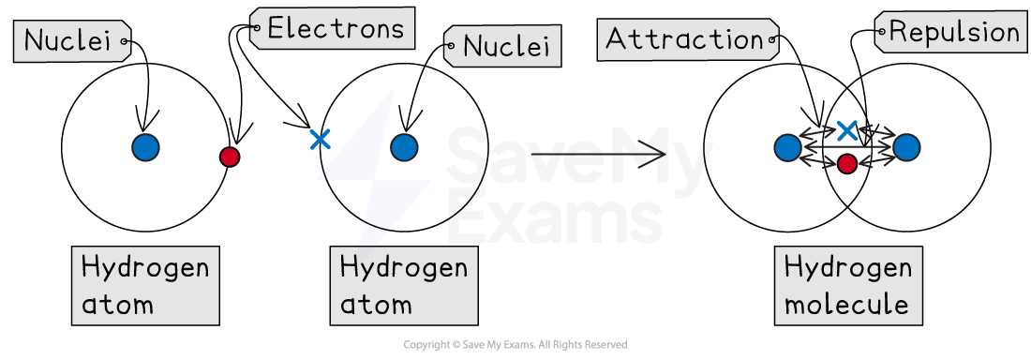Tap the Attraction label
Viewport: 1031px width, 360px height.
[x=684, y=39]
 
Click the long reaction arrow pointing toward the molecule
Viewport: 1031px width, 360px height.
[x=598, y=153]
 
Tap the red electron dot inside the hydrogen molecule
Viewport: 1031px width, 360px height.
[x=847, y=164]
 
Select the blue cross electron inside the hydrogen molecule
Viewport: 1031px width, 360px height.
[x=847, y=130]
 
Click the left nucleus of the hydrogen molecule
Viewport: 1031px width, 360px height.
[x=788, y=147]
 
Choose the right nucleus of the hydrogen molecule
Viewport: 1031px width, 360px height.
[x=906, y=147]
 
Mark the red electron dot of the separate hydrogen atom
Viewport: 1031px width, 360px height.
[x=230, y=157]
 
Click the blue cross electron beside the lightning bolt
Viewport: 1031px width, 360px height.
[x=320, y=140]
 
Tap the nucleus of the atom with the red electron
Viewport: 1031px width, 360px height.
[x=145, y=147]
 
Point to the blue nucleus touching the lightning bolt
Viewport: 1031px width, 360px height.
[x=404, y=147]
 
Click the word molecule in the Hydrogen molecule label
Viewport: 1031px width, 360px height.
[x=846, y=305]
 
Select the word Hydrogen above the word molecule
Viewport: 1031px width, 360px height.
[x=847, y=268]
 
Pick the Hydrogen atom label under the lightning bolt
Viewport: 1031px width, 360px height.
[x=403, y=285]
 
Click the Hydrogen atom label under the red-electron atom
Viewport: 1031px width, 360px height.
[x=145, y=285]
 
